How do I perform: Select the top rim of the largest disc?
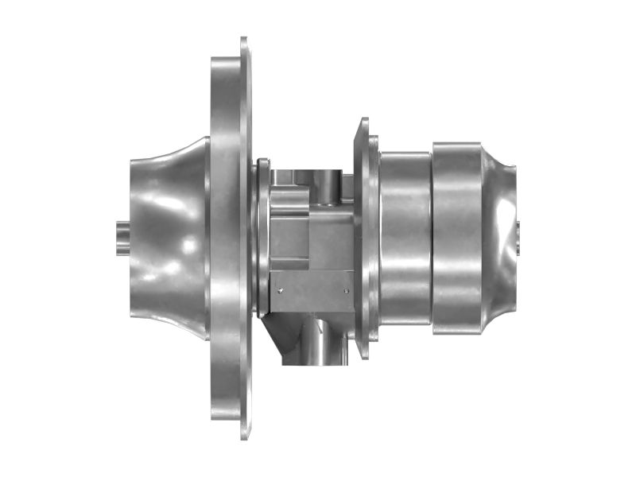click(243, 44)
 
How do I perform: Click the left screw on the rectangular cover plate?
click(279, 292)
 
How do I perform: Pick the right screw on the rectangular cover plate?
click(346, 292)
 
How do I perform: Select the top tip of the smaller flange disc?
click(364, 122)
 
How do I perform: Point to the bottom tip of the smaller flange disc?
click(364, 355)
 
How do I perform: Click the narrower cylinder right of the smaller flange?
click(405, 238)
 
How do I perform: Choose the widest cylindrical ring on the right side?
click(457, 238)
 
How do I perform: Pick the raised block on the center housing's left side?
click(285, 231)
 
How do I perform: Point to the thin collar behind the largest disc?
click(258, 238)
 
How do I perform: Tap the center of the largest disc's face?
click(231, 238)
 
